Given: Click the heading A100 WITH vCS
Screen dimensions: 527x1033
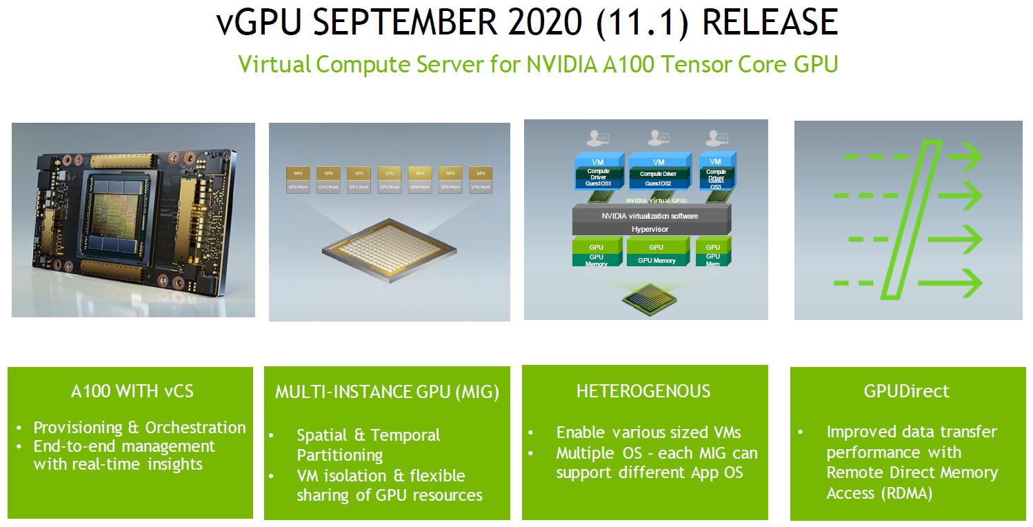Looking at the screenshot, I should pos(132,391).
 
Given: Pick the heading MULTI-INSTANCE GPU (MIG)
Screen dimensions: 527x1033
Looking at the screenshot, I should pos(387,392).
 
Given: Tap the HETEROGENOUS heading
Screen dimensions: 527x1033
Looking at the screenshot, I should pos(643,391).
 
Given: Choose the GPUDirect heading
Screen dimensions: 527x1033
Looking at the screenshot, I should pos(906,391).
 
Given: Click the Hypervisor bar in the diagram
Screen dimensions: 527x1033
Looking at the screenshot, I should pos(650,229).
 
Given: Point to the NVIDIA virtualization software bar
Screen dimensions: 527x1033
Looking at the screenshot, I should pos(650,216).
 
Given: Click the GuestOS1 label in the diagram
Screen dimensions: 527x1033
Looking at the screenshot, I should pos(599,184).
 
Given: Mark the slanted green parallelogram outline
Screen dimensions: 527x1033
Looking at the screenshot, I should pos(911,219).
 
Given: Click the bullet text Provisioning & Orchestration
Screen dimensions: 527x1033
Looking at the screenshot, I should pos(139,428).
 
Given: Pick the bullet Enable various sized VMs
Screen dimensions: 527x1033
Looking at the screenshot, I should pos(648,432).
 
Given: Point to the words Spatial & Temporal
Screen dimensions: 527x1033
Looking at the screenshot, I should pos(368,435).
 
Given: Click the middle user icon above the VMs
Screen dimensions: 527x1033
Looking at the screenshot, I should pos(656,137).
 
